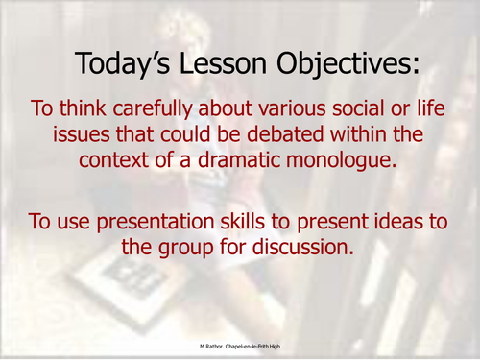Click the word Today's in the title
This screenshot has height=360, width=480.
(x=123, y=64)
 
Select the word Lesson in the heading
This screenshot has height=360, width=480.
(x=222, y=64)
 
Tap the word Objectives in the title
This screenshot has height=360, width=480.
(x=341, y=64)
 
